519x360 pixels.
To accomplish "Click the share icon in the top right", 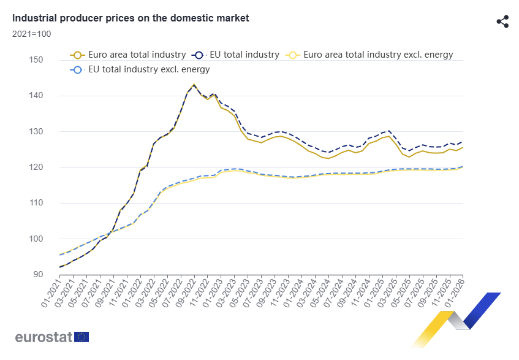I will click(x=502, y=21).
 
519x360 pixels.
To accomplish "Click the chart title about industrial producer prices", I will click(x=131, y=18).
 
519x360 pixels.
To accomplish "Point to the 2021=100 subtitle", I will click(x=32, y=33).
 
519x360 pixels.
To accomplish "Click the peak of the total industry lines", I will click(x=194, y=85).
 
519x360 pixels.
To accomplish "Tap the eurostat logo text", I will click(x=44, y=337).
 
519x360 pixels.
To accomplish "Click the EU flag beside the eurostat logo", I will click(x=81, y=337).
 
